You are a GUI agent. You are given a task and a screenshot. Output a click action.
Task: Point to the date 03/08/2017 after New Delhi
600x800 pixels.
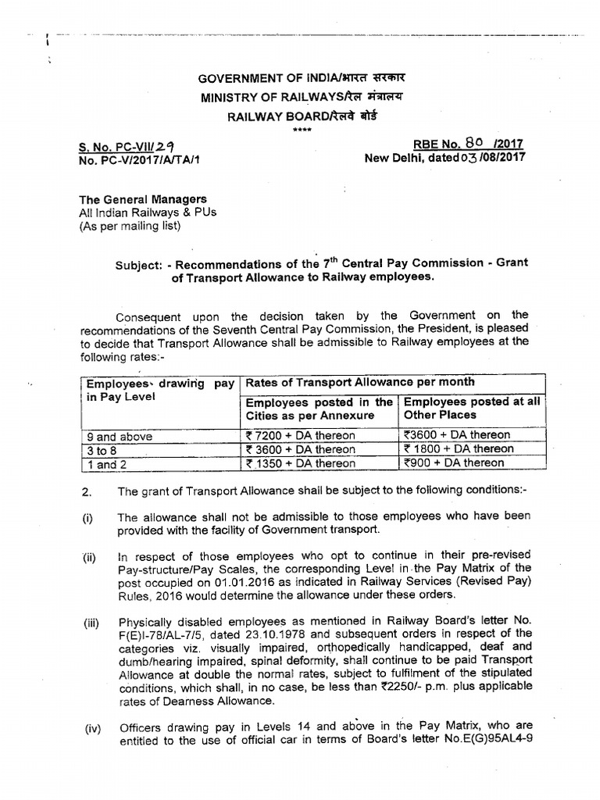497,156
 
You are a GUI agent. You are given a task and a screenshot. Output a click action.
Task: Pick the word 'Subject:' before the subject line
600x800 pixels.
138,263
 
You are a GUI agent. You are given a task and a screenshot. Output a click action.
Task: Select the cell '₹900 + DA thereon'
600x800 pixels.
454,462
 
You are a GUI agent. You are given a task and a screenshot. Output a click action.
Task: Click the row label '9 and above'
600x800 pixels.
120,436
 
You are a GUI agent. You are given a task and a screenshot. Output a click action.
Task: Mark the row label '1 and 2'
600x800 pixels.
108,464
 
